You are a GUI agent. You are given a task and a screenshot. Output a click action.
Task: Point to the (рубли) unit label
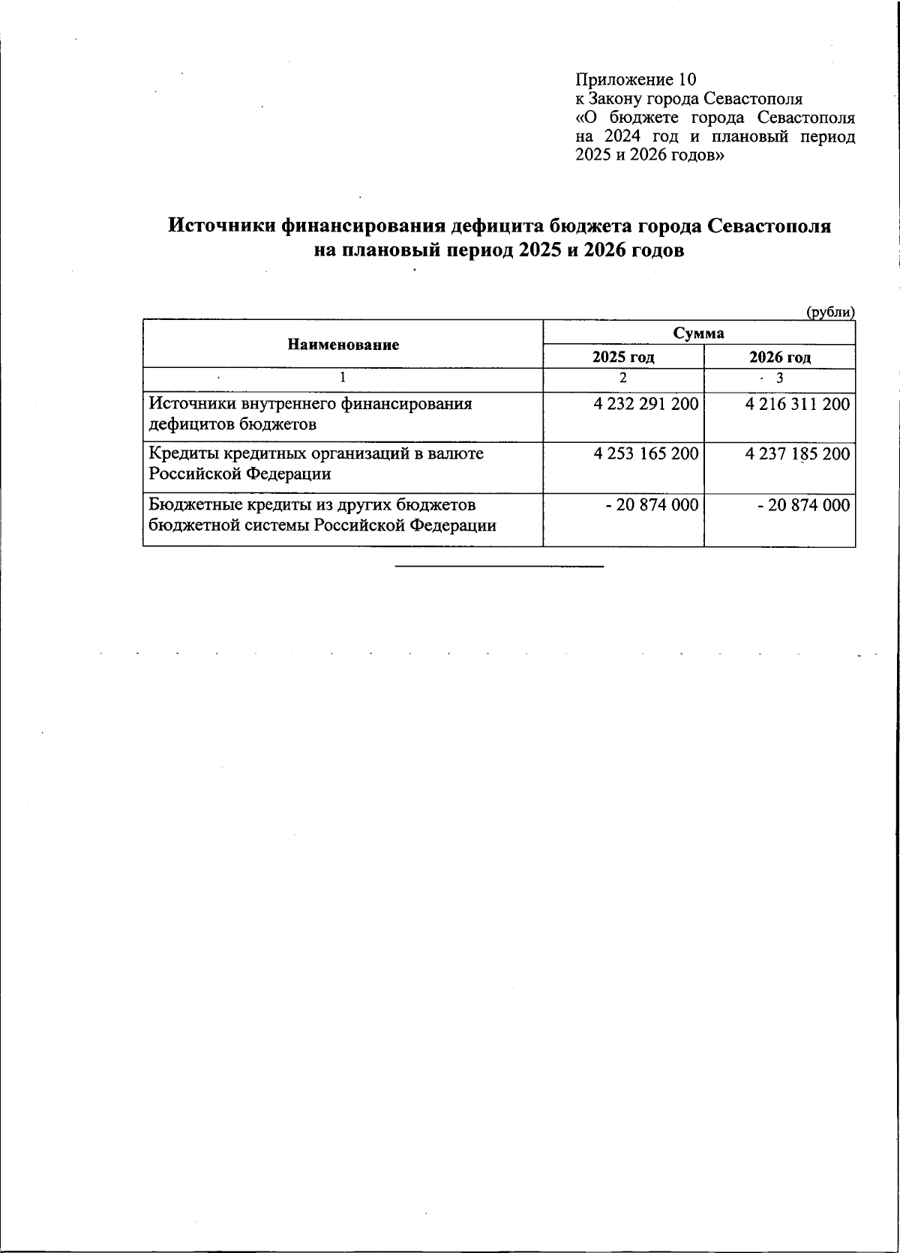tap(830, 312)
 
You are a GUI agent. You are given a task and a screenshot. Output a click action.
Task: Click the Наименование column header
tap(343, 345)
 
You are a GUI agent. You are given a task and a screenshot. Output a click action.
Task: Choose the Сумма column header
tap(698, 333)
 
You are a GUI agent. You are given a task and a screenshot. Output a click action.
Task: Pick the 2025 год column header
tap(623, 357)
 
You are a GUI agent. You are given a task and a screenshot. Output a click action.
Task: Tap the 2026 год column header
tap(779, 357)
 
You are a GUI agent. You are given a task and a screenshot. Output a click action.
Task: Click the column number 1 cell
tap(343, 378)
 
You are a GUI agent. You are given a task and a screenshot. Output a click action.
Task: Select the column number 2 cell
tap(622, 378)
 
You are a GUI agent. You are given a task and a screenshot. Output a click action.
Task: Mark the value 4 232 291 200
tap(646, 405)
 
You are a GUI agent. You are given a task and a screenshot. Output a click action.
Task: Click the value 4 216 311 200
tap(798, 405)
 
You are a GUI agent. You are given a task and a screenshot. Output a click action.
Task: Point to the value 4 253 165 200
tap(646, 454)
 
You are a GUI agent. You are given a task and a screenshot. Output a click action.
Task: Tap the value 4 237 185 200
tap(798, 454)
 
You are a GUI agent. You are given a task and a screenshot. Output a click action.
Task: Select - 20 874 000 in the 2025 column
tap(652, 506)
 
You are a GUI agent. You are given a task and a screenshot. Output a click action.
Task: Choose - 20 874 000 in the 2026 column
tap(804, 506)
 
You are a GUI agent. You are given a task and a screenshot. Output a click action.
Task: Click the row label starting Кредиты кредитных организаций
tap(315, 463)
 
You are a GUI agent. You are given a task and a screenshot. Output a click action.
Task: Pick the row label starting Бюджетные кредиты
tap(322, 515)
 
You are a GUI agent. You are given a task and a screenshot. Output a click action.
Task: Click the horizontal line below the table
tap(499, 566)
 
